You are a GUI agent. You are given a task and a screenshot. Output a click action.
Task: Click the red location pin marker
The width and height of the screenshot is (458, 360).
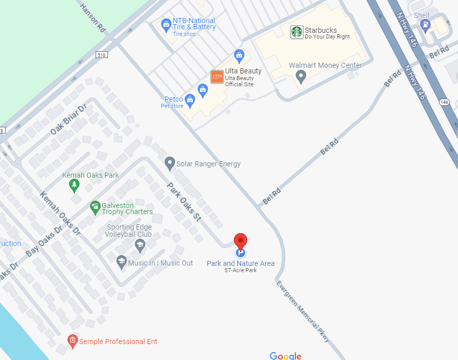point(241,241)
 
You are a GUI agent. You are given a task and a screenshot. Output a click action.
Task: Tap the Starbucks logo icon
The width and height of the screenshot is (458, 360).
point(297,32)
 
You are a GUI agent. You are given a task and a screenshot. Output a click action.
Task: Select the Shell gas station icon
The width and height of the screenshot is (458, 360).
point(425,25)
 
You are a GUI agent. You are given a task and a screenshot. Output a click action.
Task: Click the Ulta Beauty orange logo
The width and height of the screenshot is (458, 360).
point(217,77)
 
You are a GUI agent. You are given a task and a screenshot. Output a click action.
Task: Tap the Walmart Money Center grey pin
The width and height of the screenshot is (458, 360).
point(301,77)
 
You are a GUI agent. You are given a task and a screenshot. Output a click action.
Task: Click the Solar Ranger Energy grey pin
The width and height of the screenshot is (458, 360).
point(170,164)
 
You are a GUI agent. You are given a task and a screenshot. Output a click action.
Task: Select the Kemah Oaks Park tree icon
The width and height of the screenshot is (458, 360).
point(75,185)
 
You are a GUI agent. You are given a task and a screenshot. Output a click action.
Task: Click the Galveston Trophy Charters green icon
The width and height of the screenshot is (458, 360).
point(95,207)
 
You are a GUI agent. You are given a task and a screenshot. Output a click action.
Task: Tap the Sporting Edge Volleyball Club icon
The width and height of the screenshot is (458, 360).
point(139,245)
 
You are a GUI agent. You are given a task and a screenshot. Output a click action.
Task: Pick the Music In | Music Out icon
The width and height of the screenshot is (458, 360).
point(121,262)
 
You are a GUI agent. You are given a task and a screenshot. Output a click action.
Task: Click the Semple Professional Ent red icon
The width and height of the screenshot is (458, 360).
point(72,340)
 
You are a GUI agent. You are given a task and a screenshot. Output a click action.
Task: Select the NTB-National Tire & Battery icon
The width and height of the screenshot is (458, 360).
point(166,24)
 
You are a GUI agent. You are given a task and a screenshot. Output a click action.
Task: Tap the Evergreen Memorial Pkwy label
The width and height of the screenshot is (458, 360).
point(303,312)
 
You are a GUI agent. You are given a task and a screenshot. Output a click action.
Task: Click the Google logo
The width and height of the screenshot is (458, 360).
point(285,356)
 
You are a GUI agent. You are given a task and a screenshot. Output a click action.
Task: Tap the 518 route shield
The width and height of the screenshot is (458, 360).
point(101,54)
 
